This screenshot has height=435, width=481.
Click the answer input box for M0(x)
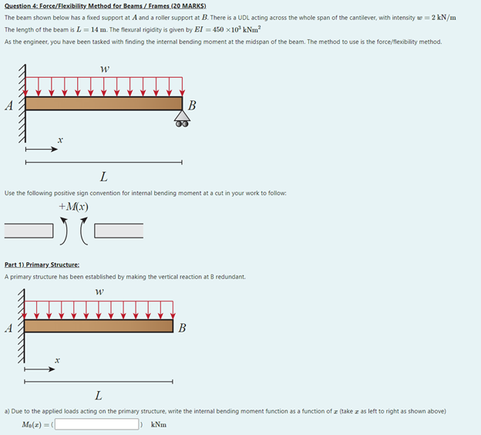coord(96,424)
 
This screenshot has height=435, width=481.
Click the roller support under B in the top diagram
coord(182,118)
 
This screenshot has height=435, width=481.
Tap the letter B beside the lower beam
coord(182,328)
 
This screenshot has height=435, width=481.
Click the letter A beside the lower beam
coord(9,327)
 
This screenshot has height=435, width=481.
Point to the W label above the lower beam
coord(99,292)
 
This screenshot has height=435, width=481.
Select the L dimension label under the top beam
coord(103,179)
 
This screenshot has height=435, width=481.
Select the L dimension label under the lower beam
coord(99,396)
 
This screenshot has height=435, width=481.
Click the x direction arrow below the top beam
coord(42,150)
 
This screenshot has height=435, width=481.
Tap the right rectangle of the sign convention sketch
coord(119,229)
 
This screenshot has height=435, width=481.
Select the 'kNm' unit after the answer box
coord(158,424)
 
